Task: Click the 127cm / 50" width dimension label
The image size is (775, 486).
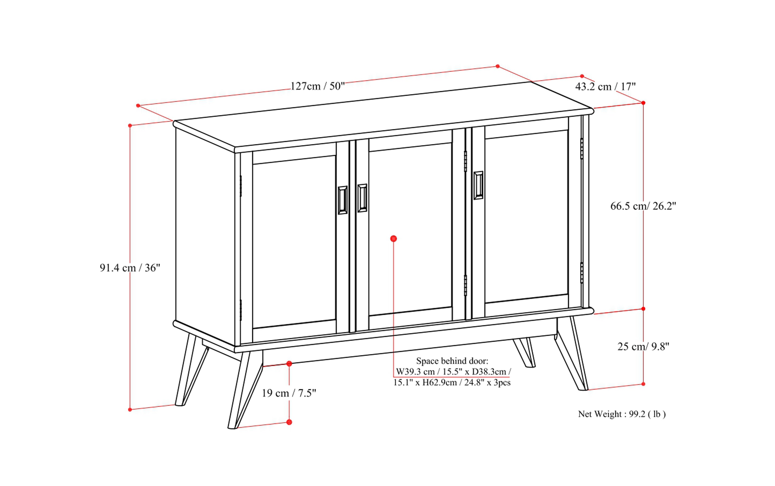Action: click(x=317, y=86)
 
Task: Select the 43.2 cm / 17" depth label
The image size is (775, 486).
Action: click(x=605, y=86)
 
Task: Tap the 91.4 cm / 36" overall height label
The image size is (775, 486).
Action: click(x=130, y=267)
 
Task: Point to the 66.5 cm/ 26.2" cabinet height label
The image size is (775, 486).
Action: click(x=643, y=206)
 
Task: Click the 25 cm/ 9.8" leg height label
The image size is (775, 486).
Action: click(x=643, y=346)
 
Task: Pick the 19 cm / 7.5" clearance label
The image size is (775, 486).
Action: click(x=289, y=393)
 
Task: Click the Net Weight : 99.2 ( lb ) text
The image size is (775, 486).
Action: click(x=622, y=414)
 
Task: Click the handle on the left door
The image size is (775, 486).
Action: click(x=342, y=200)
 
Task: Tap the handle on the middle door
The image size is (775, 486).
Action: click(x=362, y=198)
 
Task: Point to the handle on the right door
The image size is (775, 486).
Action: click(x=478, y=185)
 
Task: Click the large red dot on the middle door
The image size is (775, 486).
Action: click(x=394, y=238)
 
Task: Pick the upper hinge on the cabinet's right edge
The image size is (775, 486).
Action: click(x=581, y=148)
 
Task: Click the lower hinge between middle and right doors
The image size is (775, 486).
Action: click(x=465, y=285)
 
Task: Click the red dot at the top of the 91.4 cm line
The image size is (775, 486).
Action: click(x=130, y=125)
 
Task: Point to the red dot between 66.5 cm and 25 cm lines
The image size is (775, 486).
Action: click(x=643, y=309)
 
